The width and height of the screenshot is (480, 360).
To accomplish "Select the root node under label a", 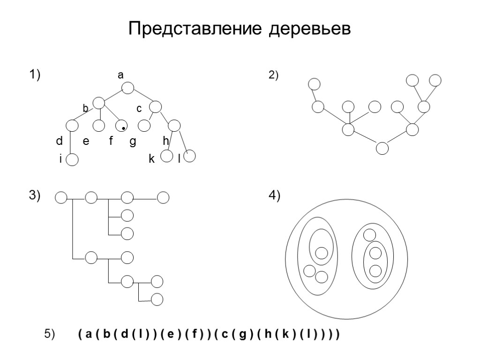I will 128,88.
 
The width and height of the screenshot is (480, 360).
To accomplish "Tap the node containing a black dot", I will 121,126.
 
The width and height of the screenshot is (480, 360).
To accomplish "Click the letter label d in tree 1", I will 59,141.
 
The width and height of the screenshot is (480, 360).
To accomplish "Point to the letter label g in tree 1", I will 132,142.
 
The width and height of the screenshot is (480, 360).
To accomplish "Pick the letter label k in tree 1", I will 151,159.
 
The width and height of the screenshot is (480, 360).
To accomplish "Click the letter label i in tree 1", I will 60,159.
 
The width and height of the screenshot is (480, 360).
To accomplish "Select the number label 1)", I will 36,75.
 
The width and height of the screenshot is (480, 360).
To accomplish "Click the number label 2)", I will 273,75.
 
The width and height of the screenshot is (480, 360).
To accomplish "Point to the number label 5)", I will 50,334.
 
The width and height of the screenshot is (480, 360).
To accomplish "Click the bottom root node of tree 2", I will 382,148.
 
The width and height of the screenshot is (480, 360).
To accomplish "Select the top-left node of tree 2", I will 314,84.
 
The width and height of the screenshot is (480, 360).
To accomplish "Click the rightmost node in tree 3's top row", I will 163,198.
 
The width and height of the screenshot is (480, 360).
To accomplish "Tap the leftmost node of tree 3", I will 61,198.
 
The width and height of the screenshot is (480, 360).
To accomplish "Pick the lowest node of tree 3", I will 157,299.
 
